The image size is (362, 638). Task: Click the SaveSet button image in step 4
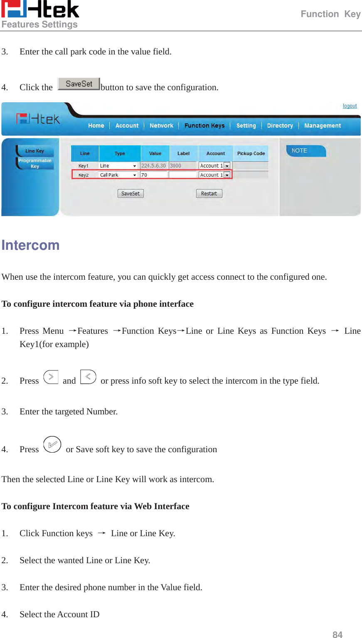coord(79,84)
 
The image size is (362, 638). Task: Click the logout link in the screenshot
coord(350,106)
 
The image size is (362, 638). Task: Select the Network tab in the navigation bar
coord(161,126)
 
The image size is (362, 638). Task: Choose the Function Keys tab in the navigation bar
coord(204,126)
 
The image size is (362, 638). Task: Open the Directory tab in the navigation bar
coord(280,126)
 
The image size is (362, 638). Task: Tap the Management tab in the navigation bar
coord(322,126)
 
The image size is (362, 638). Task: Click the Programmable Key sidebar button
coord(35,163)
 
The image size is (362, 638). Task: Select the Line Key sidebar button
coord(34,151)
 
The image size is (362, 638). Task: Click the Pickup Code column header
coord(251,153)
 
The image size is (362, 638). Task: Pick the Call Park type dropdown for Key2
coord(118,175)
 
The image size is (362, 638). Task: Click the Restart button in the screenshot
coord(209,194)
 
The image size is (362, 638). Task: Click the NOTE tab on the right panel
coord(305,150)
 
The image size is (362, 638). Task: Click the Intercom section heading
coord(30,245)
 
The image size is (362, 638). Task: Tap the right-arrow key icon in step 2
coord(51,377)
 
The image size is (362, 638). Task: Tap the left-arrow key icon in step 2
coord(88,377)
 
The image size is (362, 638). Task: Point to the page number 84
coord(337,634)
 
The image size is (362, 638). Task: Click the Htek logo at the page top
coord(40,10)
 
